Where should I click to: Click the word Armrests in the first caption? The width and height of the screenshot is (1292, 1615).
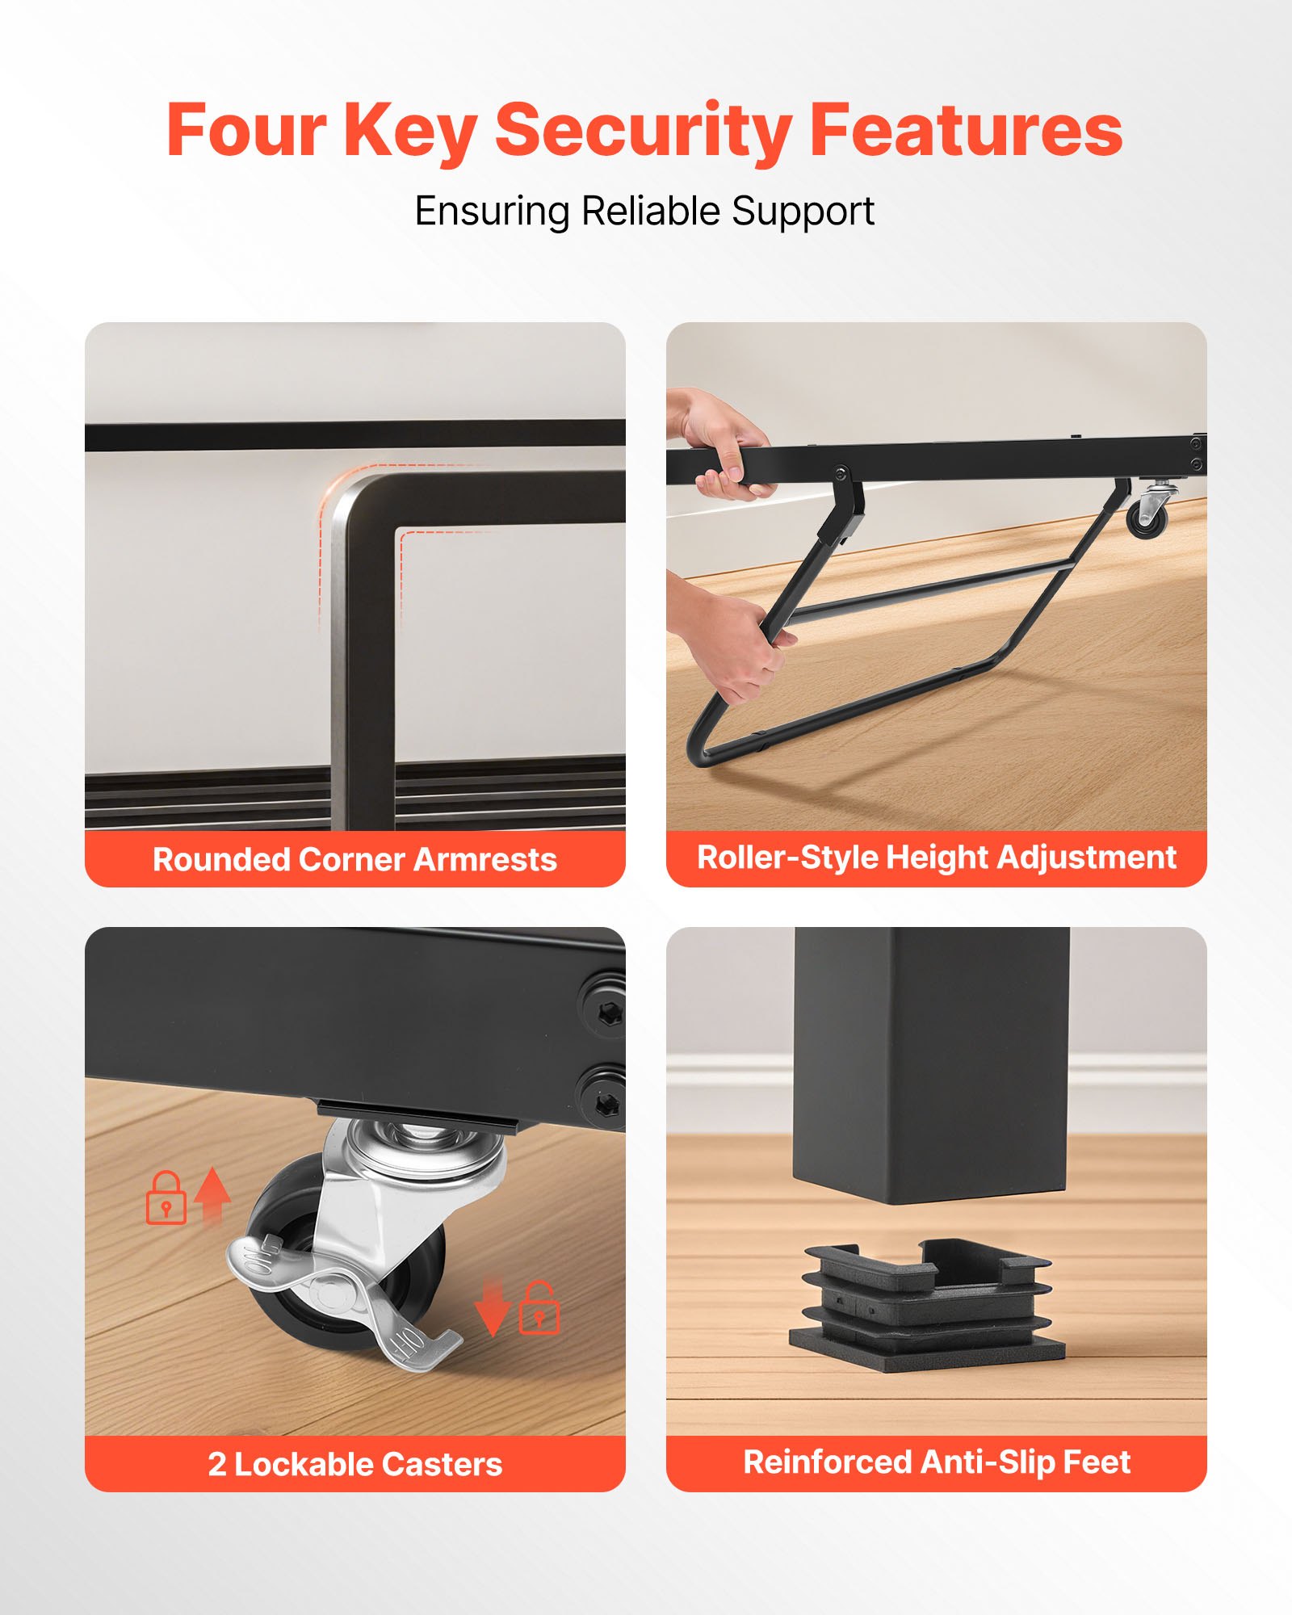coord(485,860)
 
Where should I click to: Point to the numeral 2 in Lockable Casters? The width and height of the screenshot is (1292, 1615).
coord(216,1465)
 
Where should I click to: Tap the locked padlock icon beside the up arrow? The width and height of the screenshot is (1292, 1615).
coord(166,1198)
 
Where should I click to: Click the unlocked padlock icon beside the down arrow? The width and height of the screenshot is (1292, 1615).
coord(539,1307)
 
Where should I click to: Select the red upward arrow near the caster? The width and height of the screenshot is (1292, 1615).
coord(212,1195)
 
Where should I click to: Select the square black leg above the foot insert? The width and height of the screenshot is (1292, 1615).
coord(932,1066)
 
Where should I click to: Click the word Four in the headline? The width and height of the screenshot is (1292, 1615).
coord(246,131)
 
